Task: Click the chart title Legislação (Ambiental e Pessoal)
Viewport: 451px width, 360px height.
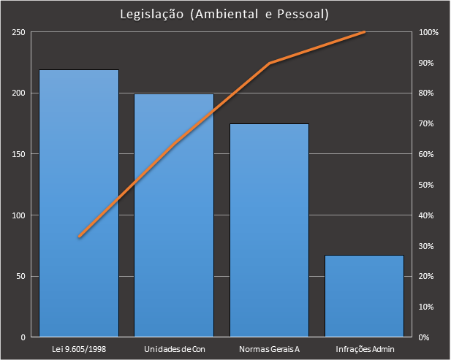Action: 225,14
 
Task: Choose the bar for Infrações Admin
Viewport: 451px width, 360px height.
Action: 364,296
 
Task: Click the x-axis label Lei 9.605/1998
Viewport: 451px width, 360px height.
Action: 80,349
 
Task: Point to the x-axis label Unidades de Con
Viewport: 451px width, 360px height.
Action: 175,349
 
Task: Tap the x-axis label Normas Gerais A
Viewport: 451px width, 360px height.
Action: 269,349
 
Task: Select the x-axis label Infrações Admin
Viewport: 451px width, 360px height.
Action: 364,349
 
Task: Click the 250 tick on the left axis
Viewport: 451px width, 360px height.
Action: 18,32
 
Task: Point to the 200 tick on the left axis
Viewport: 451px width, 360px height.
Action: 18,93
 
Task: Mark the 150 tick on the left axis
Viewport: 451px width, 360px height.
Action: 18,154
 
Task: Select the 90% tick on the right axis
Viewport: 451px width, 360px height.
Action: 427,63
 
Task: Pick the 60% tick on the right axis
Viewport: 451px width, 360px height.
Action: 427,154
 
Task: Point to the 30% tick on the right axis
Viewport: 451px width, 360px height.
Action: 427,246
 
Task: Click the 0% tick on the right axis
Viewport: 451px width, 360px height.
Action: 425,337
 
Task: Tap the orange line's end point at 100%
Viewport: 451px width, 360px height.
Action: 364,32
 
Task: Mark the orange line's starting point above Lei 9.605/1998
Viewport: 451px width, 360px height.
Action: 79,237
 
